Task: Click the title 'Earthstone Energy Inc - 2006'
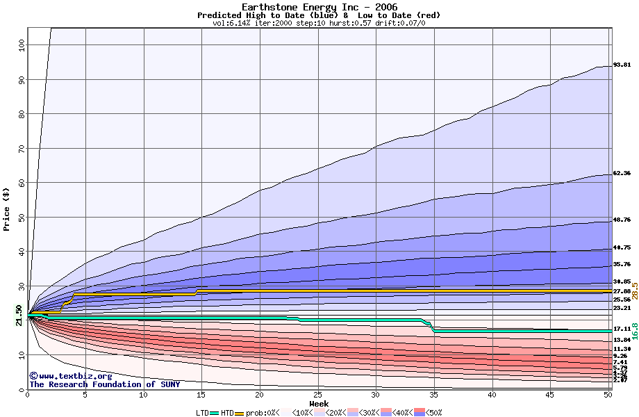tap(319, 6)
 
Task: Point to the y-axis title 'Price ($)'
tap(7, 209)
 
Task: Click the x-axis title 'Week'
tap(319, 403)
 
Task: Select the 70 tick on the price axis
tap(20, 148)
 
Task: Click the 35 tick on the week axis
tap(434, 395)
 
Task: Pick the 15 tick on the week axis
tap(201, 395)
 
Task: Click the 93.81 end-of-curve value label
tap(622, 65)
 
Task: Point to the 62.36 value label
tap(622, 173)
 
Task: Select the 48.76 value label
tap(622, 220)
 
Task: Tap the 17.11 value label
tap(622, 329)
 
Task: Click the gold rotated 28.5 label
tap(634, 291)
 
